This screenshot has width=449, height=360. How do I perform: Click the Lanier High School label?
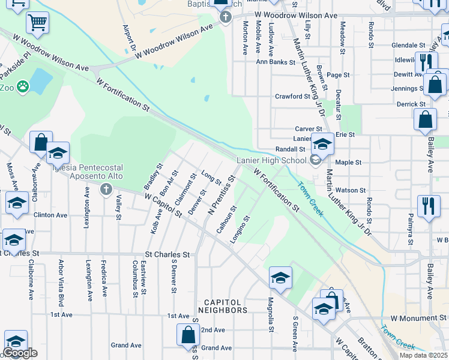(271, 160)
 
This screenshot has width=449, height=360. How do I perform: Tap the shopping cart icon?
(37, 23)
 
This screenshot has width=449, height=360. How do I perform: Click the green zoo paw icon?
(23, 88)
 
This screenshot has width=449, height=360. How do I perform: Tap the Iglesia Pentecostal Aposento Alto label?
(88, 172)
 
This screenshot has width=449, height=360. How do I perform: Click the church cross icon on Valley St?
(106, 190)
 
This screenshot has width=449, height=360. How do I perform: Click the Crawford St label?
(292, 97)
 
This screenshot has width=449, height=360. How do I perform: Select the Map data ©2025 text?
(424, 355)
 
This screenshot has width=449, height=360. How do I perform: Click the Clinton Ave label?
(50, 214)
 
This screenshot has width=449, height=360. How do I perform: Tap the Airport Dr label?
(128, 38)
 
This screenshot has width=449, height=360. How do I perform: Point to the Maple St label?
(348, 163)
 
